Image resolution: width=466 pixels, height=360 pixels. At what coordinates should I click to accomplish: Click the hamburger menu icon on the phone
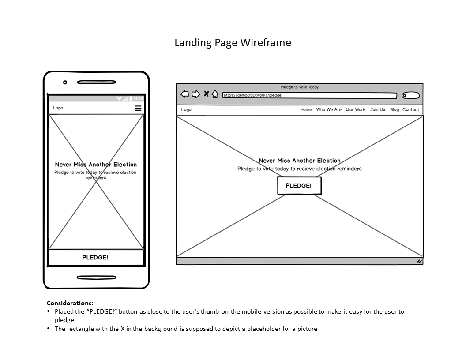tap(138, 108)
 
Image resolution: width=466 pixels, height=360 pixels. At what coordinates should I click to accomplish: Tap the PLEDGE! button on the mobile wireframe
tap(96, 258)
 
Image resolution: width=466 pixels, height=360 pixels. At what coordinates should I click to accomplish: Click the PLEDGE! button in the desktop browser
tap(299, 186)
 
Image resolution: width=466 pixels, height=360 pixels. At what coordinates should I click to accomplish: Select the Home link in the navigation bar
tap(306, 110)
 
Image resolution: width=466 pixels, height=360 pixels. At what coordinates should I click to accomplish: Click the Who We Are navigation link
tap(329, 110)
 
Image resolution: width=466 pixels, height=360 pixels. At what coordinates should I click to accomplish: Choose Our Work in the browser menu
tap(355, 110)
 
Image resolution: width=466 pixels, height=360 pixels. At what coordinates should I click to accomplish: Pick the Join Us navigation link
tap(378, 110)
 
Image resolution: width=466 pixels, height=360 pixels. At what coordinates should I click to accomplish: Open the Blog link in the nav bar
tap(395, 110)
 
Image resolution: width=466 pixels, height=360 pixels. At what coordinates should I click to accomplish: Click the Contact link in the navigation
tap(411, 110)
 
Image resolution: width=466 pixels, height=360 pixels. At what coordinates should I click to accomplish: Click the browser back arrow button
tap(185, 94)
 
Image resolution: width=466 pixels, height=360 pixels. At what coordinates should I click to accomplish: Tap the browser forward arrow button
tap(195, 94)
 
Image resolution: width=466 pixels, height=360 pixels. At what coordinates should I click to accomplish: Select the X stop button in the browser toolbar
tap(206, 94)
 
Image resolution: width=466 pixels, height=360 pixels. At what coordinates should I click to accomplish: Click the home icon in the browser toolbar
tap(215, 94)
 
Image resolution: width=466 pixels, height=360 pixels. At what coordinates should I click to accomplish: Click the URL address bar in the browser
tap(309, 95)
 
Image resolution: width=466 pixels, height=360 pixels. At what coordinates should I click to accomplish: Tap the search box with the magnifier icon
tap(410, 95)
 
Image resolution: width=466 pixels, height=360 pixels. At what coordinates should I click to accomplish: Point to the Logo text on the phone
tap(58, 108)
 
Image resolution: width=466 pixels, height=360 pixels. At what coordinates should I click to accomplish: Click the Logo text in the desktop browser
tap(186, 110)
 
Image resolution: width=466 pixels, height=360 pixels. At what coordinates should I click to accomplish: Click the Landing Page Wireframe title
tap(233, 43)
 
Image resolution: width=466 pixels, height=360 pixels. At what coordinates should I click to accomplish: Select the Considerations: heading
tap(70, 303)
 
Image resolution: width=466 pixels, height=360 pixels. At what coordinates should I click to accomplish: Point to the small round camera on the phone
tap(65, 82)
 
